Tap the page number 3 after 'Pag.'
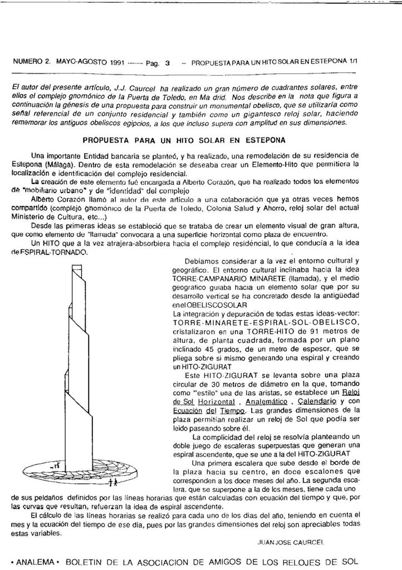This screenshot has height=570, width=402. tap(168, 63)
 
